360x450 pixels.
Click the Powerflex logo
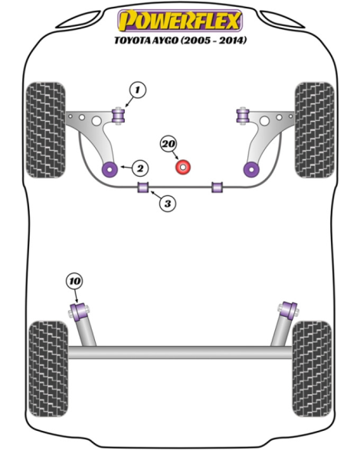[180, 20]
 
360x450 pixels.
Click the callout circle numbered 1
[138, 90]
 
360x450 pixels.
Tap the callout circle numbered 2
[140, 168]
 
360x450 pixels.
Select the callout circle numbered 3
[168, 204]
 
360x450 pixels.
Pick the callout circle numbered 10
[75, 281]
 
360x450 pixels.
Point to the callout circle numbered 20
[169, 144]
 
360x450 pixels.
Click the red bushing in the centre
[183, 167]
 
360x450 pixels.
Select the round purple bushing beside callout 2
[110, 169]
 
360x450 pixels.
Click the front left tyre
[45, 130]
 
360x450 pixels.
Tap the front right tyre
[315, 130]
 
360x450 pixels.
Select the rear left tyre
[48, 369]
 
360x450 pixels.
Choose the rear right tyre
[312, 369]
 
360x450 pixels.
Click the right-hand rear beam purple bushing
[289, 311]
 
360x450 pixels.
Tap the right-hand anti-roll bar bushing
[218, 187]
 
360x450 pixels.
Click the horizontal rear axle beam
[180, 352]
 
